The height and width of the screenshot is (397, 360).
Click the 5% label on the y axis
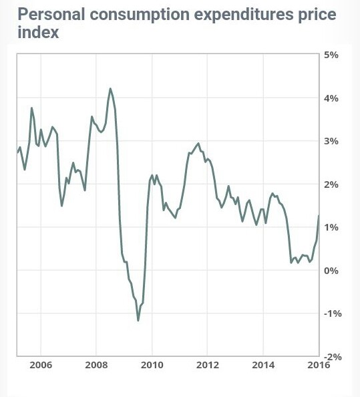pos(331,55)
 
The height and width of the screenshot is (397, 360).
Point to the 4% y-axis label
pos(331,98)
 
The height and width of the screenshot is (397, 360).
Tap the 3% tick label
pos(331,141)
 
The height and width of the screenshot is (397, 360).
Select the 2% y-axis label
pos(331,184)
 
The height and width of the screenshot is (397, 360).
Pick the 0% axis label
pos(331,271)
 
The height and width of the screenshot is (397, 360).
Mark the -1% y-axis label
pos(333,313)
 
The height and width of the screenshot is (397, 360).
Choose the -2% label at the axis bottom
pos(333,357)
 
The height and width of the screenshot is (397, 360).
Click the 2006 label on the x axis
pos(41,365)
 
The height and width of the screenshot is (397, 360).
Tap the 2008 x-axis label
pos(96,365)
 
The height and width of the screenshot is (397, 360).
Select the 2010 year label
pos(152,365)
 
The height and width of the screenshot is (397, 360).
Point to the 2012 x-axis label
pos(208,365)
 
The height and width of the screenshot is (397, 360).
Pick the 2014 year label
pos(263,365)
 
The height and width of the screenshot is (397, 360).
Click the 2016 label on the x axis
pos(319,365)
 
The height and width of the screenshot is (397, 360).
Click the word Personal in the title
pos(51,14)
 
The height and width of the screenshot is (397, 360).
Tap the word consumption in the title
pos(140,15)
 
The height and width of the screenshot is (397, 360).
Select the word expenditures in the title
pos(244,15)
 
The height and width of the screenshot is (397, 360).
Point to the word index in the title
pos(38,32)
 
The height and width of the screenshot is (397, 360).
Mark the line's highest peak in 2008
pos(110,88)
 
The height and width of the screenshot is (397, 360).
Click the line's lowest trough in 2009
pos(138,321)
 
